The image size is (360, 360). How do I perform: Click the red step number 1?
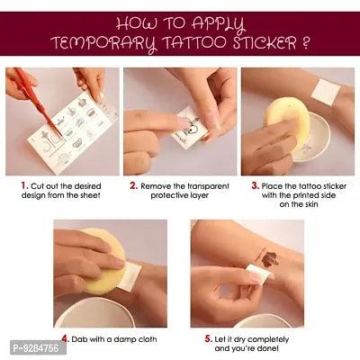[x=24, y=185]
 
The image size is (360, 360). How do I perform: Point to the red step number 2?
[x=133, y=185]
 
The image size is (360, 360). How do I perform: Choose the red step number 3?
[x=255, y=185]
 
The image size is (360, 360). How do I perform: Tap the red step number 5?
[x=209, y=339]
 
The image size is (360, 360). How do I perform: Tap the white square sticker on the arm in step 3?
[x=326, y=93]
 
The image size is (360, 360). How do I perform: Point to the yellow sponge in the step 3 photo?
[x=286, y=120]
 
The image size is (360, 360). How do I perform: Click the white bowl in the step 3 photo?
[x=312, y=138]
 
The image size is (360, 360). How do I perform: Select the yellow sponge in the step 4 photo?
[x=102, y=261]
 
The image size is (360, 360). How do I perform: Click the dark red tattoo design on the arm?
[x=267, y=257]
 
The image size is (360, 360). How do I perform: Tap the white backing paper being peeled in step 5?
[x=258, y=273]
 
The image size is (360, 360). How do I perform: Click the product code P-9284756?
[x=36, y=348]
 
